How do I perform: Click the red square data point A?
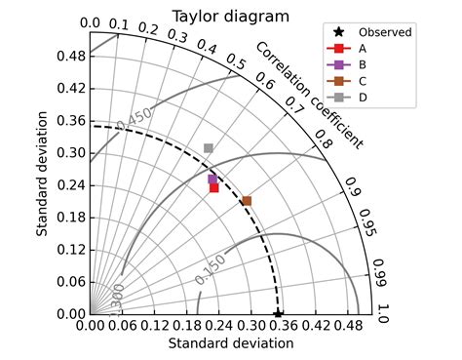(214, 187)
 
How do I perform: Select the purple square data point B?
(212, 180)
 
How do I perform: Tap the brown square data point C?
(247, 201)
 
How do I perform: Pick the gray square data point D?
(209, 148)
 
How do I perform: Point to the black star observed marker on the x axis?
(278, 314)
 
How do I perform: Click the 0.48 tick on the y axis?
(69, 57)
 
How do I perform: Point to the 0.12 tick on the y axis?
(69, 250)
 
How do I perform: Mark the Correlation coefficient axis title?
(309, 96)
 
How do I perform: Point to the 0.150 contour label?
(210, 269)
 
